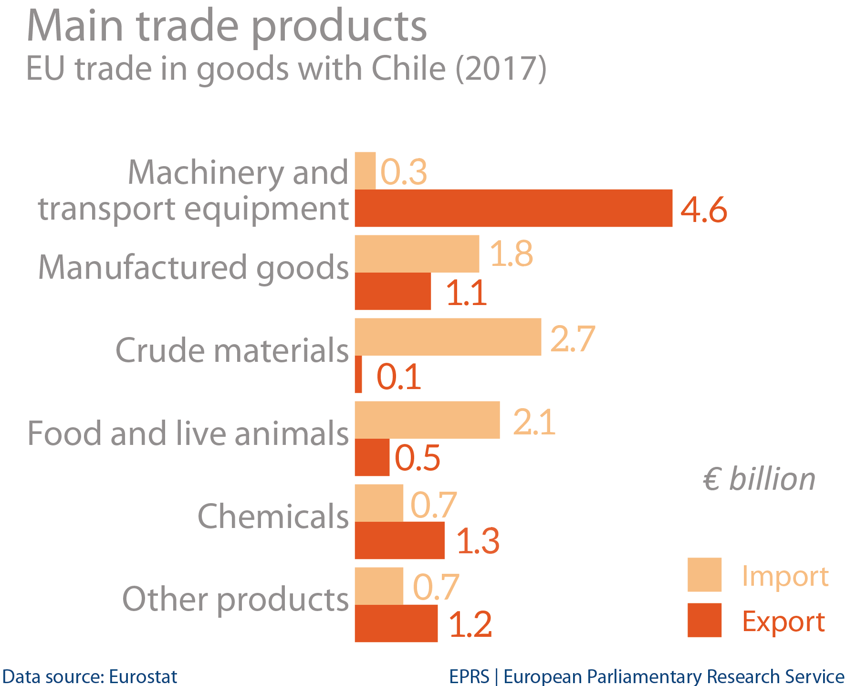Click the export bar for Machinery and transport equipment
click(513, 208)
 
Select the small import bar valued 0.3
click(365, 171)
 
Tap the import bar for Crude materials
click(448, 337)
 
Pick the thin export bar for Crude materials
click(358, 374)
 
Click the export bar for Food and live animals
click(372, 457)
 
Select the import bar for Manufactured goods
click(417, 254)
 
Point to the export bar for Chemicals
click(399, 540)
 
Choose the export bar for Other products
click(396, 623)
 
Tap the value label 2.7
click(572, 338)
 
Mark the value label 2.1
click(534, 422)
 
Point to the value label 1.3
click(478, 541)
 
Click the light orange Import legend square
click(704, 575)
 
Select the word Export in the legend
click(783, 622)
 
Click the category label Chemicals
click(273, 517)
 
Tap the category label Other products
click(235, 600)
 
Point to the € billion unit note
click(759, 479)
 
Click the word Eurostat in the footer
click(143, 676)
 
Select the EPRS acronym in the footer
click(469, 676)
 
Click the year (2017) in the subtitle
click(501, 69)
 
